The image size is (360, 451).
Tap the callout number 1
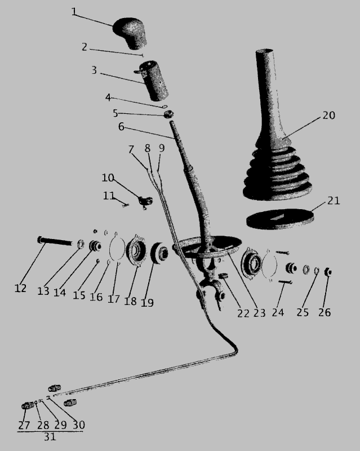pyautogui.click(x=74, y=12)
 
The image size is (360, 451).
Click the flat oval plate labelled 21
pyautogui.click(x=280, y=219)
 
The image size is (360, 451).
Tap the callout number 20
pyautogui.click(x=328, y=116)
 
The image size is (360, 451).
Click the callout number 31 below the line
pyautogui.click(x=50, y=437)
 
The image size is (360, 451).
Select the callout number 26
pyautogui.click(x=325, y=312)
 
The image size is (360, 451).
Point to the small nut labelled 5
pyautogui.click(x=169, y=114)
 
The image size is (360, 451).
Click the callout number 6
pyautogui.click(x=121, y=126)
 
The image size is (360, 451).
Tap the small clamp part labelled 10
pyautogui.click(x=145, y=201)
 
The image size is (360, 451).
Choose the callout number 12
pyautogui.click(x=20, y=288)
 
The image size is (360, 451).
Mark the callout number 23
pyautogui.click(x=259, y=313)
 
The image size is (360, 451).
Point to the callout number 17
pyautogui.click(x=114, y=299)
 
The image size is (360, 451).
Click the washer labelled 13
pyautogui.click(x=81, y=244)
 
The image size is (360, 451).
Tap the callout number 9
pyautogui.click(x=162, y=148)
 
